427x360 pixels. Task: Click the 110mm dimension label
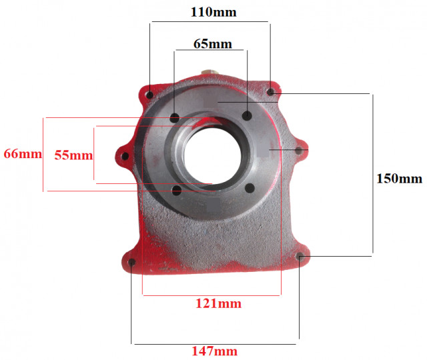[x=213, y=12]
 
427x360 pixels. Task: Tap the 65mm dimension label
[x=213, y=44]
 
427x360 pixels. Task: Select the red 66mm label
[x=23, y=154]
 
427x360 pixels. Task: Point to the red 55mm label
[x=73, y=155]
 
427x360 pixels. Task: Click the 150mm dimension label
[x=400, y=179]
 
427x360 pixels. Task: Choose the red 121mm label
[x=218, y=303]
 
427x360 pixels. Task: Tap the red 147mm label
[x=215, y=351]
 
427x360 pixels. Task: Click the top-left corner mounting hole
[x=149, y=95]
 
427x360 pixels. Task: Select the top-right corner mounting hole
[x=270, y=92]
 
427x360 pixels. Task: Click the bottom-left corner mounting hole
[x=132, y=262]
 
